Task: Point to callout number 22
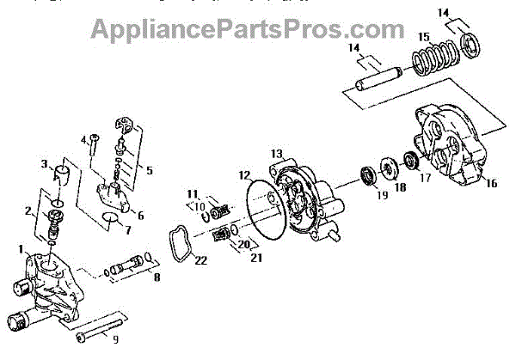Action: pos(200,261)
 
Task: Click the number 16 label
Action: pos(491,183)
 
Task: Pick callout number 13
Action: pos(276,153)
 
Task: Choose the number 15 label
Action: pos(424,37)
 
